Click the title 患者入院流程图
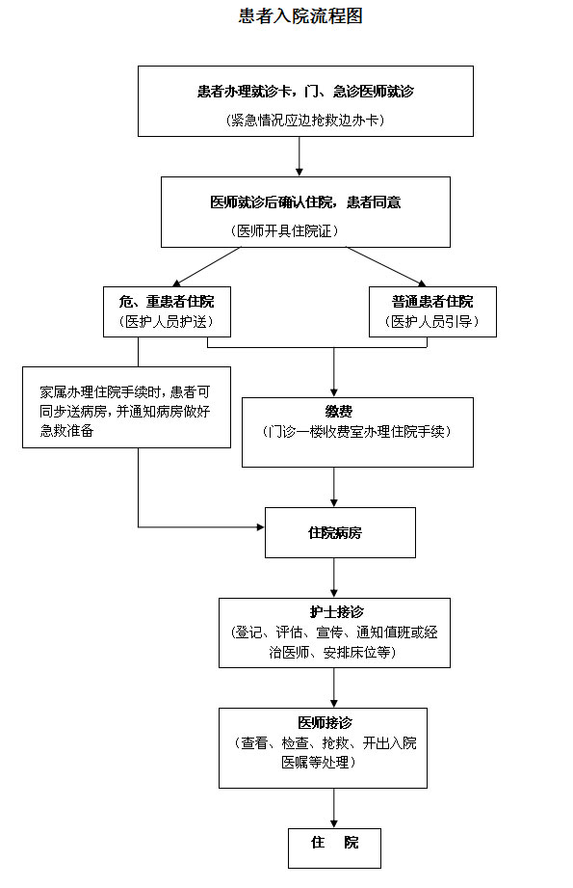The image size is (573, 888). pos(300,15)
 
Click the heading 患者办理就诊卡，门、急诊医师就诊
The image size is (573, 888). pos(305,92)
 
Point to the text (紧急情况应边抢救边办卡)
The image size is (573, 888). pos(305,121)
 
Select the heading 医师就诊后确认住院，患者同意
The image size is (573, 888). pos(305,202)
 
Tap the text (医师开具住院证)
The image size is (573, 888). pos(284,230)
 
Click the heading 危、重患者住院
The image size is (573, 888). pos(167,301)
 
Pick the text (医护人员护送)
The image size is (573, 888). pos(167,322)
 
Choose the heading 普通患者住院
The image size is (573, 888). pos(432,301)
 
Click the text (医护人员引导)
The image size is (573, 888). pos(432,322)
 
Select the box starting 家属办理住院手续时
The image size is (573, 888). pos(127,407)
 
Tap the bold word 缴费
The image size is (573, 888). pos(339,411)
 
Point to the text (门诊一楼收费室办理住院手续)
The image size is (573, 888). pos(357,432)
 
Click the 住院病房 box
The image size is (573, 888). pos(341,532)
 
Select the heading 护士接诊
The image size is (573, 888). pos(336,611)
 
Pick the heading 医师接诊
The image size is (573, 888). pos(326,722)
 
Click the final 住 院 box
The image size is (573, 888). pos(334,848)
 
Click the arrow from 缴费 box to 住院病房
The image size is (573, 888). pos(334,487)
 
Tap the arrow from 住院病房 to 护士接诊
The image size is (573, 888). pos(334,578)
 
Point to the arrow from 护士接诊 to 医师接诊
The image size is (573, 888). pos(334,687)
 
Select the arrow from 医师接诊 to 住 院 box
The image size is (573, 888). pos(334,808)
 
